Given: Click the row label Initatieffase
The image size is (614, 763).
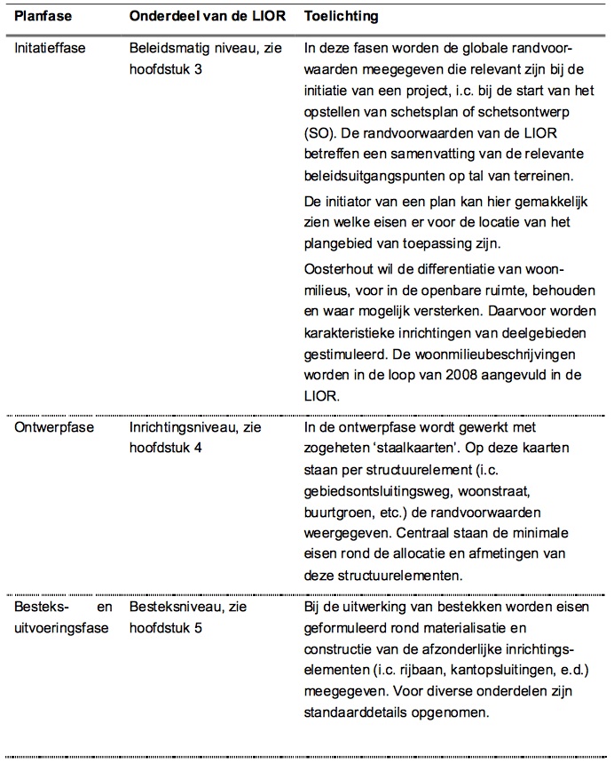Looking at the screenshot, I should click(x=51, y=47).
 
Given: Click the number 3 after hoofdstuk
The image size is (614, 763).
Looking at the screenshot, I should click(x=201, y=68).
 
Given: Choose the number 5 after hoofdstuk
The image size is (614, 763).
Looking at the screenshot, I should click(x=201, y=629).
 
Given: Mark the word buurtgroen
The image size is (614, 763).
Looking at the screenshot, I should click(x=336, y=513).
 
